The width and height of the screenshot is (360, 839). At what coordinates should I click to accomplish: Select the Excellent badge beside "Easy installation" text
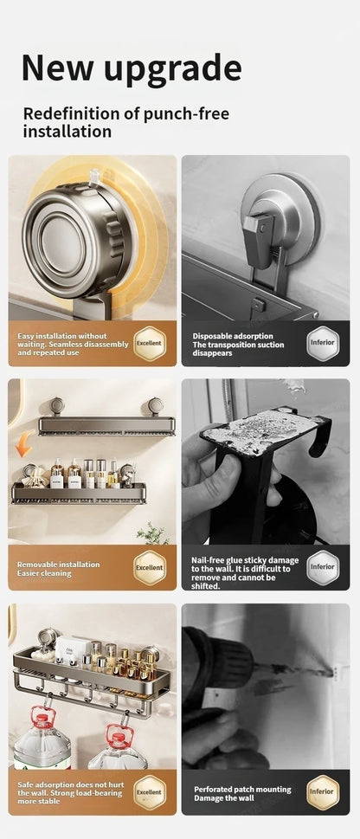[149, 344]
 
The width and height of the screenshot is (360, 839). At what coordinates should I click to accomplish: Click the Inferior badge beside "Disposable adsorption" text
[322, 344]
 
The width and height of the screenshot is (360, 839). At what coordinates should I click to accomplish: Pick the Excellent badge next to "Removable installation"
[149, 567]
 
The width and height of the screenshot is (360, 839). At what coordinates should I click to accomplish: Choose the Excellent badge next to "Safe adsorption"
[149, 791]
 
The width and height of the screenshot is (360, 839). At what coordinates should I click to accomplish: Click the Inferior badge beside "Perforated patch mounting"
[322, 791]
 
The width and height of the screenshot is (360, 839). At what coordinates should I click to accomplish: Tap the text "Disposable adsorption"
[233, 336]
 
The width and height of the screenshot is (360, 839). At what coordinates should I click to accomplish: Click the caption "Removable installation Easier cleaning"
[58, 568]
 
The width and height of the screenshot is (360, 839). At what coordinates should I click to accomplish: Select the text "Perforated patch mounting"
[242, 789]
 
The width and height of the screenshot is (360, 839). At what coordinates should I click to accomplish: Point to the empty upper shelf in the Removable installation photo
[106, 425]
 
